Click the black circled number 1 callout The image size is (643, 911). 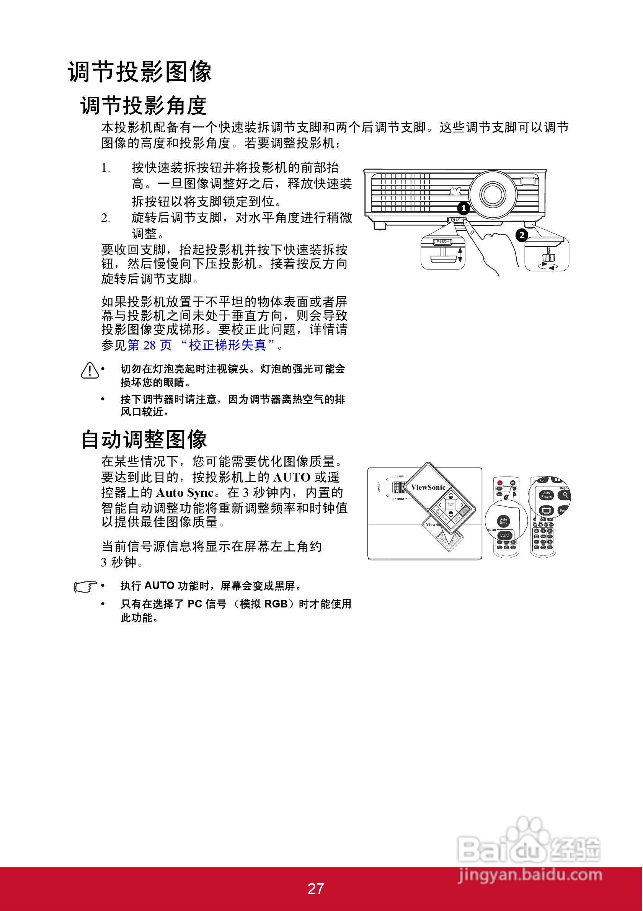click(463, 208)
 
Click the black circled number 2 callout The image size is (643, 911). click(522, 235)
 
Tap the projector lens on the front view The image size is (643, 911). click(493, 194)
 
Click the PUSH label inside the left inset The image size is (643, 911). click(443, 242)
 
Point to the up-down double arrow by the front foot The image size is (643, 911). click(460, 255)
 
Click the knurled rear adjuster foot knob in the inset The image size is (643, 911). click(548, 257)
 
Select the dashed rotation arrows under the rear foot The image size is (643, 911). click(548, 266)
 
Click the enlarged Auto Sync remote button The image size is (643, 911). click(503, 521)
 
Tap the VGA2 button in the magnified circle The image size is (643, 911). click(504, 535)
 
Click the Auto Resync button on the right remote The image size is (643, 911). click(546, 495)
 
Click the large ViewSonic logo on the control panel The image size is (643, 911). click(428, 487)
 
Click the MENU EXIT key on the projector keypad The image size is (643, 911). click(450, 504)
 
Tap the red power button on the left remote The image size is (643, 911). click(500, 483)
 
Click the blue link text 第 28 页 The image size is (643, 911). click(150, 345)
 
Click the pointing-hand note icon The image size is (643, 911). click(85, 586)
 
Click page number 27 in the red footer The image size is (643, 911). click(316, 889)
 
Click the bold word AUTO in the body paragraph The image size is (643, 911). click(291, 477)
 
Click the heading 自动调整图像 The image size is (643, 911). click(144, 440)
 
